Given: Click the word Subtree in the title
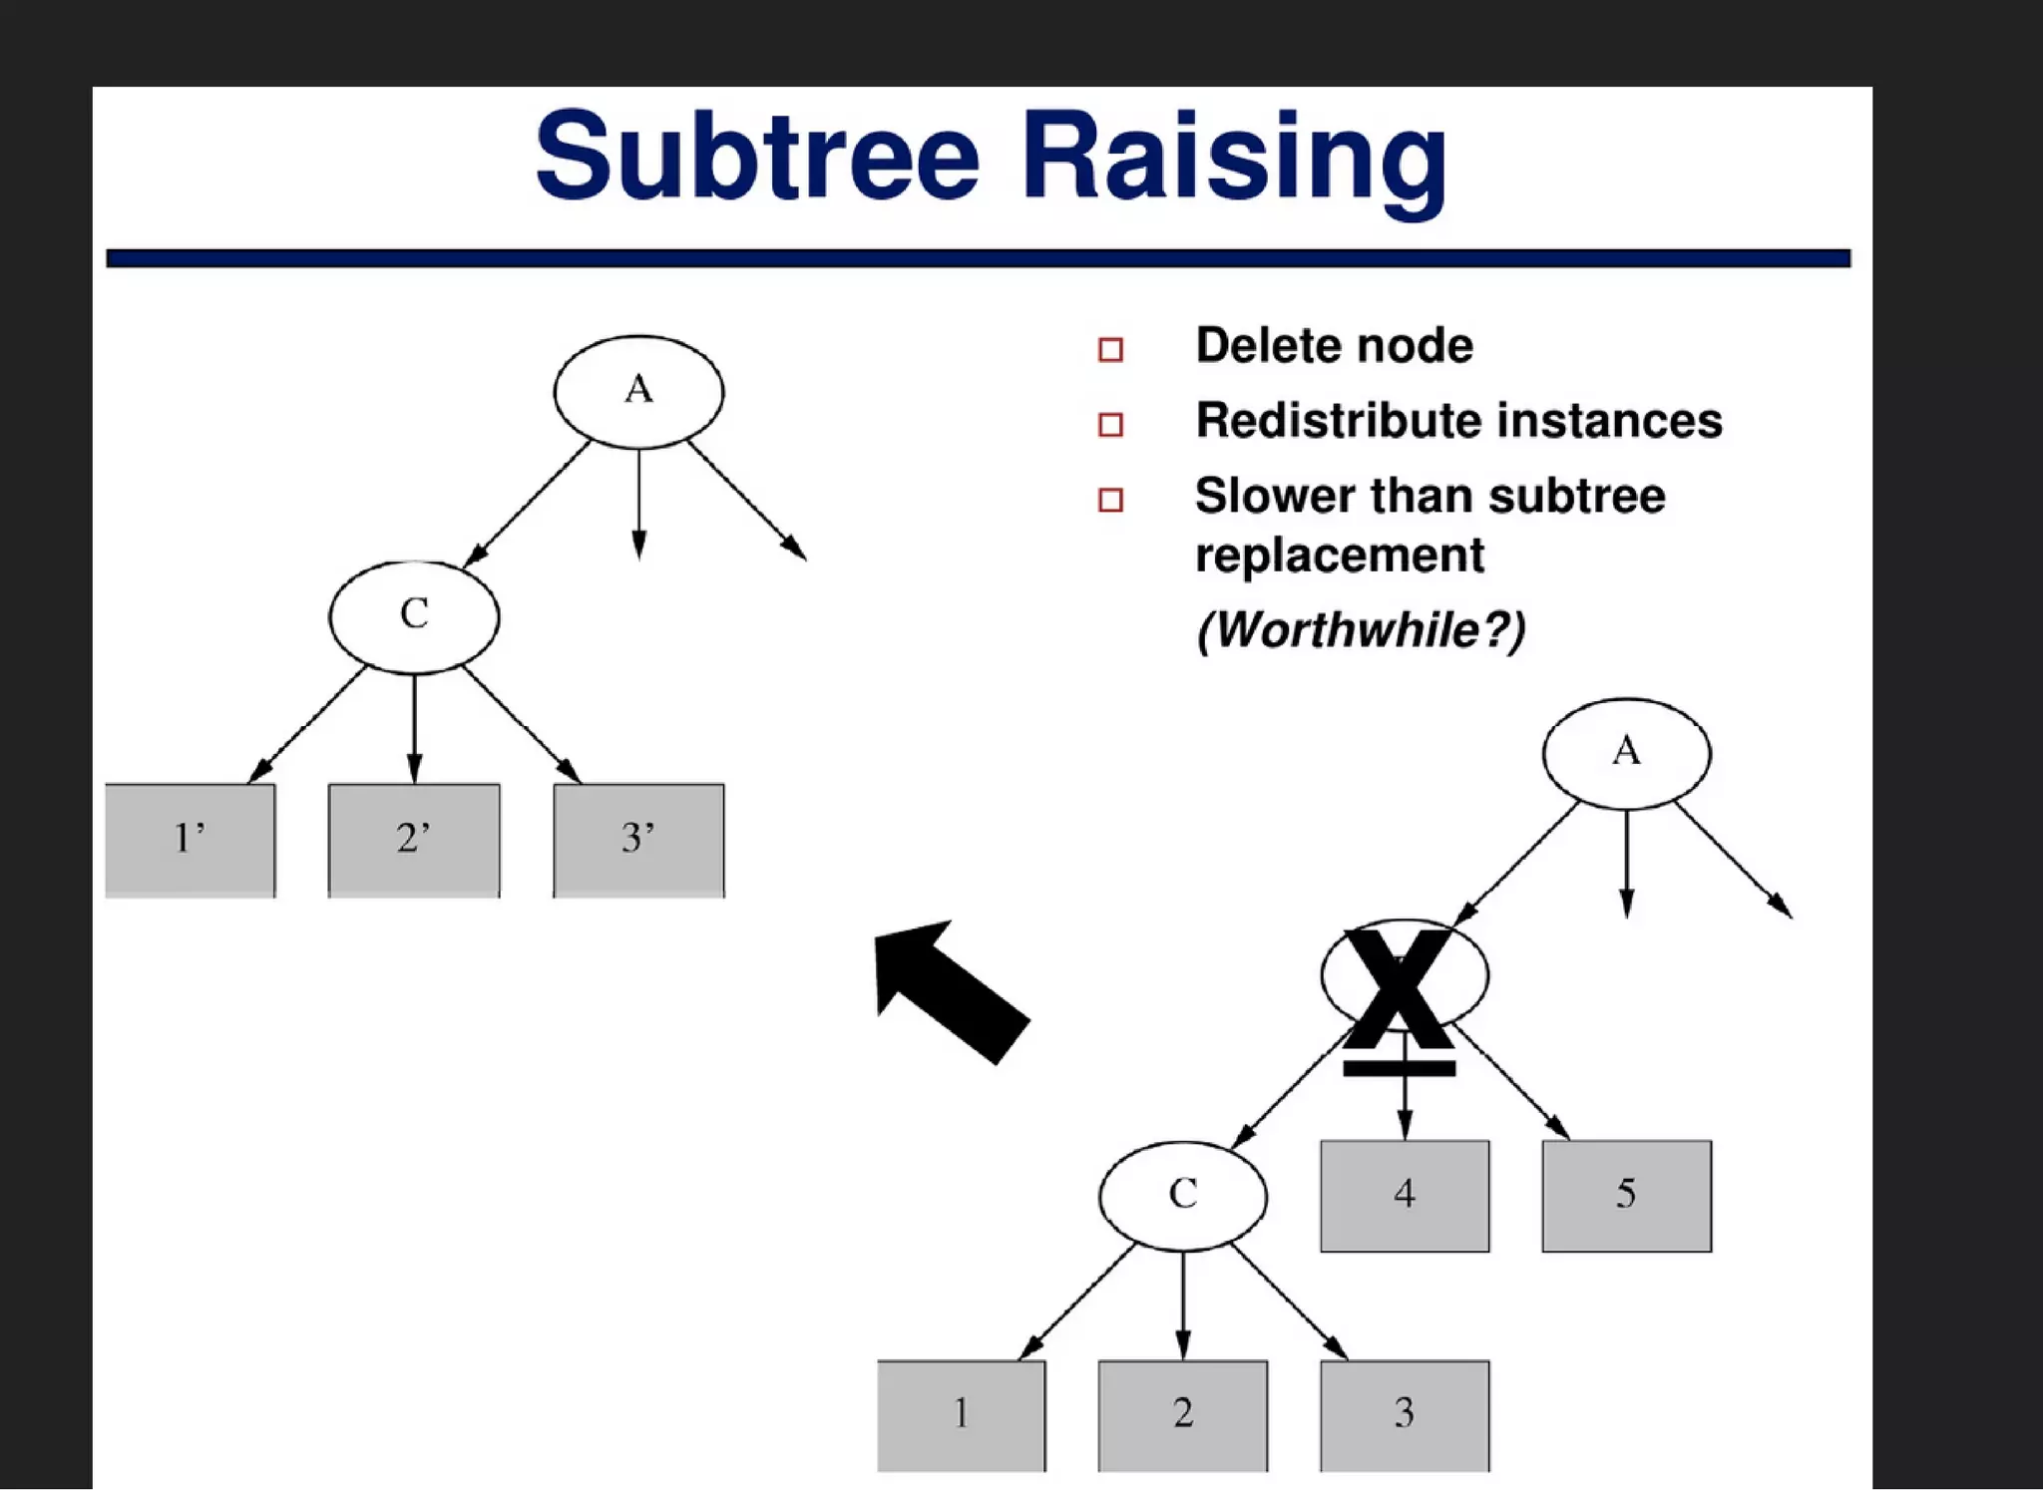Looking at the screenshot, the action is pos(757,157).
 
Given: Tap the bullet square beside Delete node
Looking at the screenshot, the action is pos(1110,349).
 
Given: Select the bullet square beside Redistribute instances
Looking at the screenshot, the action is pos(1110,425).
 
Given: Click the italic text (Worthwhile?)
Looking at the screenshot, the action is pos(1361,630).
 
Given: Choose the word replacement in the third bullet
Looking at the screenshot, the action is pos(1339,556).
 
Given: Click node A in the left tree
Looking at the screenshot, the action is pos(638,391).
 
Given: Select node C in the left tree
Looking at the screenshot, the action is pos(414,616).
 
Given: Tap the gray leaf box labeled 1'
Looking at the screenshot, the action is pos(190,840).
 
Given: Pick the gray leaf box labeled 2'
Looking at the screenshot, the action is pos(414,840).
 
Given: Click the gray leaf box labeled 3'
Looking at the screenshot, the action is pos(638,840).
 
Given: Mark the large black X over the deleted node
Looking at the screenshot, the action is pos(1399,991).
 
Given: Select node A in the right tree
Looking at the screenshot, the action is pos(1626,753).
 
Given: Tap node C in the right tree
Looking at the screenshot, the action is pos(1183,1195).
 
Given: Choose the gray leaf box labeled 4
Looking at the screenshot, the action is pos(1405,1195).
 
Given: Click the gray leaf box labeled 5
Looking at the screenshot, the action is pos(1626,1195).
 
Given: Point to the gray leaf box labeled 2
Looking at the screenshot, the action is pos(1183,1414).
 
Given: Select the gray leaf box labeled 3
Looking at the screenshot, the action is pos(1405,1414).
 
